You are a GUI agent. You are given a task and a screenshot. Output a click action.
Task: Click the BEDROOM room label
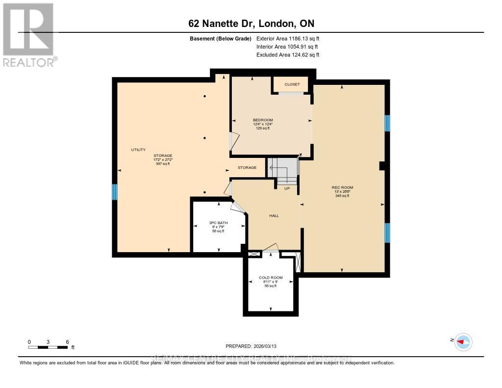coord(263,120)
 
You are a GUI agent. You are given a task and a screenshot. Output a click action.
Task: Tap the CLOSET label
coord(292,84)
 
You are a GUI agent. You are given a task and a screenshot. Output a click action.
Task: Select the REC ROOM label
coord(342,187)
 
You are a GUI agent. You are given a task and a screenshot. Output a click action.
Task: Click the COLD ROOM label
coord(271,278)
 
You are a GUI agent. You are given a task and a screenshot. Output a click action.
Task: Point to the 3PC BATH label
coord(216,223)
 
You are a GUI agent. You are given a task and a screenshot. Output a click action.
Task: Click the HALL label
coord(274,215)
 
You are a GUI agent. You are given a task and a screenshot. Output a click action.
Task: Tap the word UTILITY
coord(138,150)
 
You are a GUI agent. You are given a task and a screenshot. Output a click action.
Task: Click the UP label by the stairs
coord(287,188)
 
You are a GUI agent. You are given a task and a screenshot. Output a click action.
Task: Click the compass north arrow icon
coord(462,341)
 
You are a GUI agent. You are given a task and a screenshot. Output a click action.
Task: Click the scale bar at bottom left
coord(48,347)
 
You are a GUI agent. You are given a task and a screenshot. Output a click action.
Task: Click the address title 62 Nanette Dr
coord(251,24)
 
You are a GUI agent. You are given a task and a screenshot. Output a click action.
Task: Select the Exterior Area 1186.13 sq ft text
coord(288,38)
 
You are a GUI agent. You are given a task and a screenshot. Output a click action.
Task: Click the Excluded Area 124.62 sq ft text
coord(288,55)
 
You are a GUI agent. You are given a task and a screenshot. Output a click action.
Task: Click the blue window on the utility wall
coord(115,192)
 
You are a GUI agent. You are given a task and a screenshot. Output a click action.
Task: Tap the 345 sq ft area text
coord(342,196)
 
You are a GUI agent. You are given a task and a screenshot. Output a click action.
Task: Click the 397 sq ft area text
coord(162,164)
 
